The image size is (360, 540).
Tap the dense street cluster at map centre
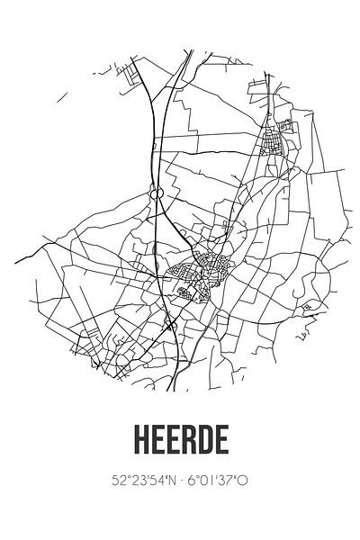tap(205, 270)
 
